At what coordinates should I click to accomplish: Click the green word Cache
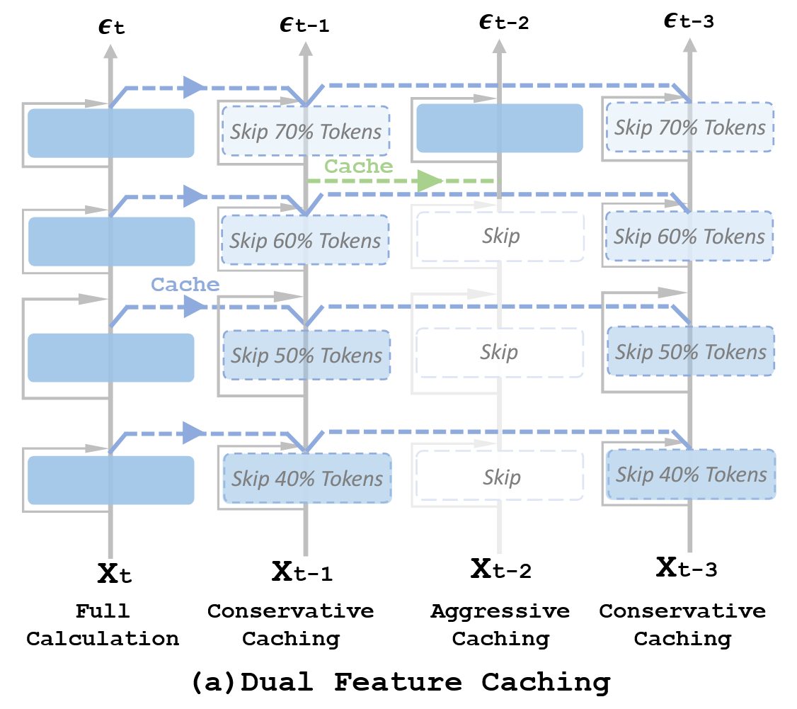pos(359,166)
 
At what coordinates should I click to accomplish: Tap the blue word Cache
pos(185,284)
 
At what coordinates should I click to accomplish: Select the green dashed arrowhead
pos(430,181)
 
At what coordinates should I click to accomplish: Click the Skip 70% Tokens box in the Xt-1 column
pos(306,131)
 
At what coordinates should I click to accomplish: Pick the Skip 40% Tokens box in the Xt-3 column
pos(692,474)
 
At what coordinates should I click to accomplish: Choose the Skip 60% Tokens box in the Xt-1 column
pos(306,239)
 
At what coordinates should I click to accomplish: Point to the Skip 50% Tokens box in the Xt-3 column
pos(691,351)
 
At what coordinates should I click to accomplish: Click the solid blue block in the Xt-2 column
pos(500,128)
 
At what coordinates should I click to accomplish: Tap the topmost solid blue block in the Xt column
pos(111,132)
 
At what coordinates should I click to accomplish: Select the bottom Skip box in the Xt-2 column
pos(500,475)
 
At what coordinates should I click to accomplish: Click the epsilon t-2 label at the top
pos(504,22)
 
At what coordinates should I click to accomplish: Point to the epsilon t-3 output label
pos(689,21)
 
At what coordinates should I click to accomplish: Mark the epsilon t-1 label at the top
pos(305,24)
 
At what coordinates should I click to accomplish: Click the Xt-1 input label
pos(302,571)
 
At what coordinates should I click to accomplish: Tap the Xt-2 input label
pos(501,568)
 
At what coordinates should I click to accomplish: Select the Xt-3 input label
pos(687,567)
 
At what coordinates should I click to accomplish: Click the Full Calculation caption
pos(103,625)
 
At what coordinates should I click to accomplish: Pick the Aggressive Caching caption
pos(500,625)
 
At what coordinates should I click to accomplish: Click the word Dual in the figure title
pos(277,681)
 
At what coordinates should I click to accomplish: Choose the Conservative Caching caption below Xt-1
pos(291,625)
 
